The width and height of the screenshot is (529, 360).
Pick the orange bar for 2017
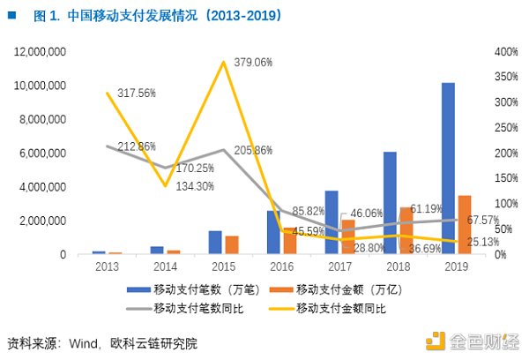[x=347, y=237]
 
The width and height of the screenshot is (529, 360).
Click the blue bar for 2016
[x=273, y=232]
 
